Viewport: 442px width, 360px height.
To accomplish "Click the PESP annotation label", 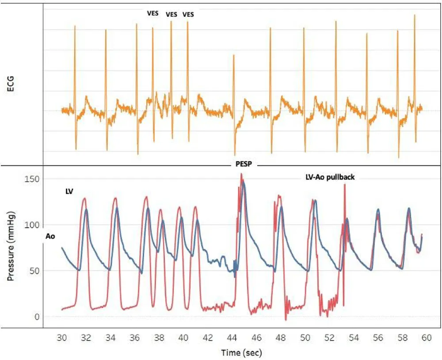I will (243, 163).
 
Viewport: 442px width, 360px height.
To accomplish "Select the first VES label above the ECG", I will (153, 13).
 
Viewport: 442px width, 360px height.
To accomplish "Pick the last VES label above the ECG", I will (188, 14).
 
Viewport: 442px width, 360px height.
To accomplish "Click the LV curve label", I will (69, 191).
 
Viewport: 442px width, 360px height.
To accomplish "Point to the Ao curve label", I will (50, 237).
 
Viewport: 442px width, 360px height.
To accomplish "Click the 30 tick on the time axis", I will (62, 337).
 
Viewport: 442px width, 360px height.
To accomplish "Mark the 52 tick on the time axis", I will (329, 337).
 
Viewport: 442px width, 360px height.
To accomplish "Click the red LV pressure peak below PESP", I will (241, 174).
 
